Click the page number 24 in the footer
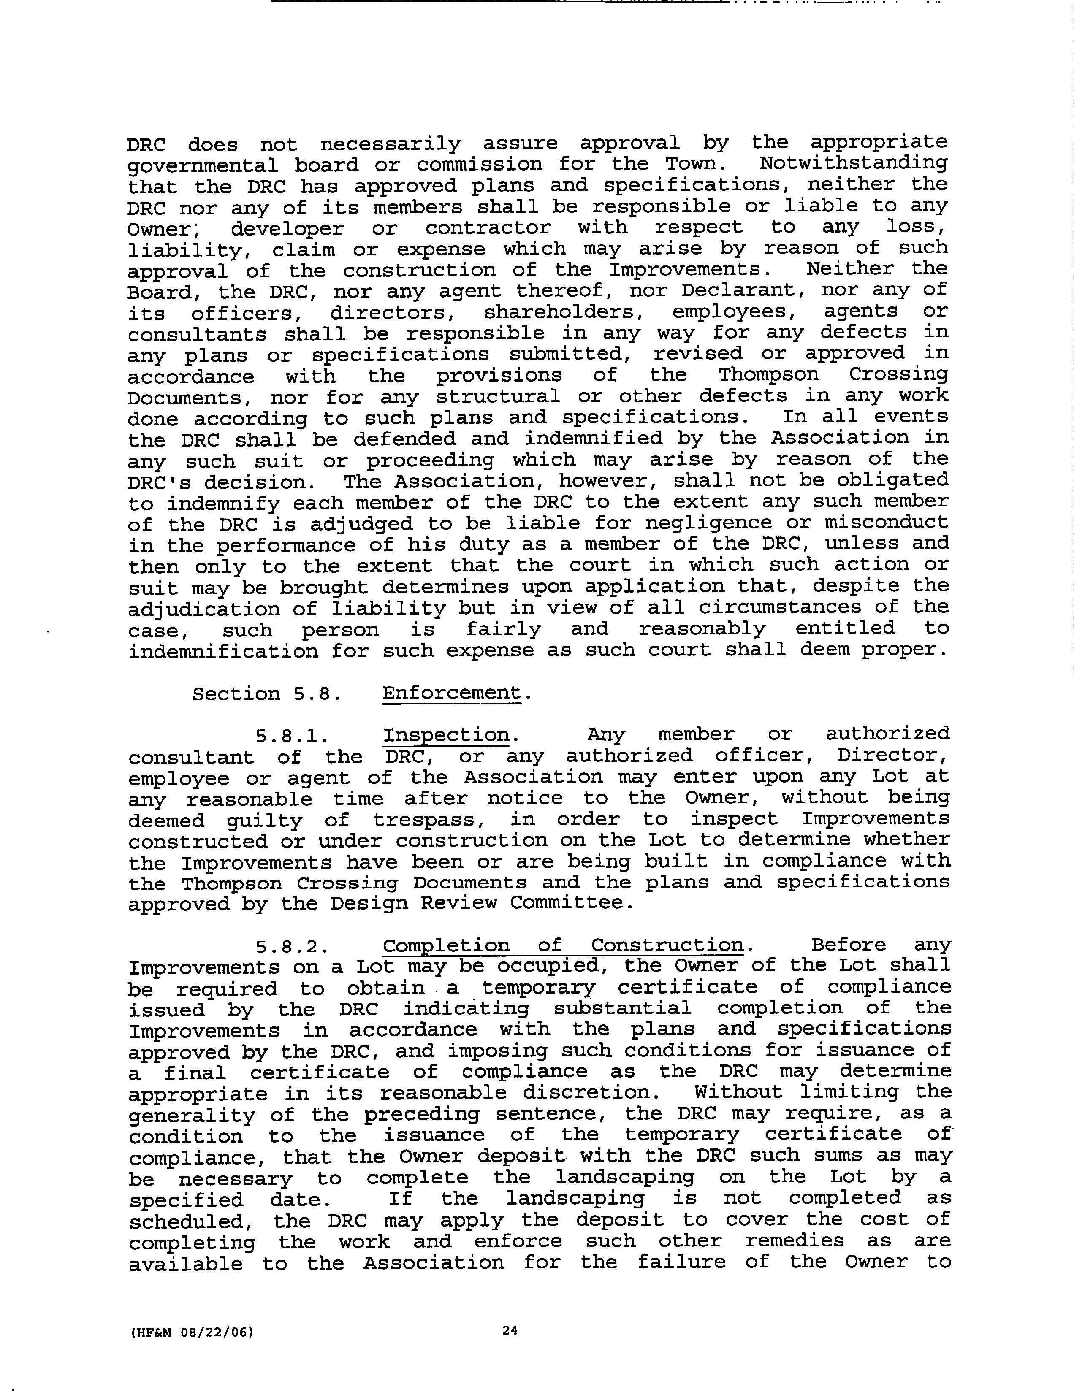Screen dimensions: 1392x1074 [x=509, y=1330]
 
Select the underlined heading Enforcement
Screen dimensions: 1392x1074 [x=451, y=693]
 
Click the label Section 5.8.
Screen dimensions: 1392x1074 [x=264, y=693]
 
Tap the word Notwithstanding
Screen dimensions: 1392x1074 [x=854, y=163]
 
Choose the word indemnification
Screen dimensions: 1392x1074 [x=223, y=651]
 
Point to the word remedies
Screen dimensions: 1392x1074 [x=801, y=1241]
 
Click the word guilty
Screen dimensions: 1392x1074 [x=266, y=820]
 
